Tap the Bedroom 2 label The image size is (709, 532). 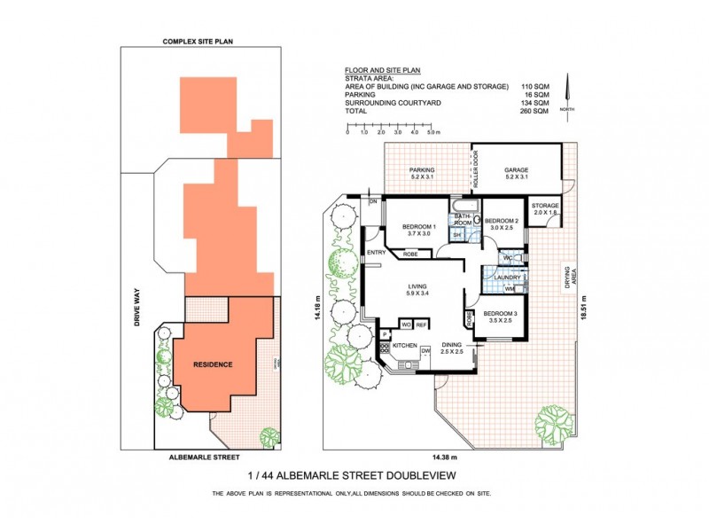coord(502,221)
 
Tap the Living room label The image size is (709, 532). coord(417,286)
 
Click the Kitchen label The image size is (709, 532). coord(404,344)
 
